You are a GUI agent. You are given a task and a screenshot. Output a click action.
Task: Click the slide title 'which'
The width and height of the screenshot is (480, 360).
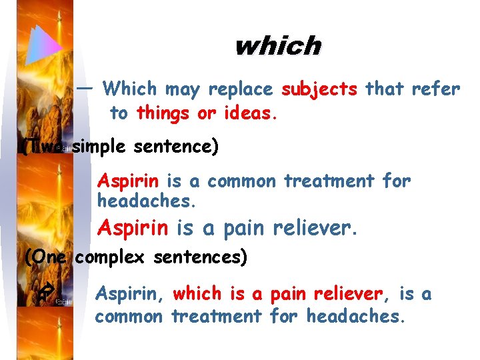(x=277, y=46)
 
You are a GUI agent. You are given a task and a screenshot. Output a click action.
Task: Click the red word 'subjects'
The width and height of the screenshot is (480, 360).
(x=319, y=89)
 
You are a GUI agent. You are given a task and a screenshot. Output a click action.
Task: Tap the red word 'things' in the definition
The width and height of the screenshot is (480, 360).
(x=163, y=113)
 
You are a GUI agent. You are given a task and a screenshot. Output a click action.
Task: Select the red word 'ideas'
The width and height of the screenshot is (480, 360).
(x=249, y=113)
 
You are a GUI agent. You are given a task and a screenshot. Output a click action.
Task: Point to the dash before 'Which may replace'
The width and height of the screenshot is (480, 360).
(x=85, y=87)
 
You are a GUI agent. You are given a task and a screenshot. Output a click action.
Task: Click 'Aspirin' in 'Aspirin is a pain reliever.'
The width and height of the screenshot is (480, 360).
(x=133, y=229)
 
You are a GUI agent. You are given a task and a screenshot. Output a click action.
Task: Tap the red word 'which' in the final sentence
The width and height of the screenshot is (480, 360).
(x=197, y=293)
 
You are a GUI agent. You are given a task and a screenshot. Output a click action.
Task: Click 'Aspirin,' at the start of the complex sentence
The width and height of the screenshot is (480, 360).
(x=129, y=293)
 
